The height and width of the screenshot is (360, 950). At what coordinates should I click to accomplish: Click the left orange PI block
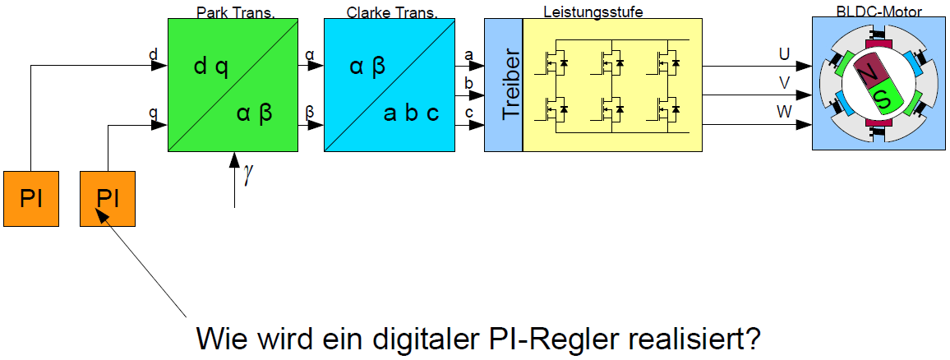[x=32, y=198]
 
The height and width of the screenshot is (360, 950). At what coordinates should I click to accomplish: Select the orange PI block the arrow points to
[x=108, y=198]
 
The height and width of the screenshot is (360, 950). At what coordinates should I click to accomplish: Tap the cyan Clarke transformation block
[x=389, y=85]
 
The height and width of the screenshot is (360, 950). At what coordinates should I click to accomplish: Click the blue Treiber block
[x=503, y=85]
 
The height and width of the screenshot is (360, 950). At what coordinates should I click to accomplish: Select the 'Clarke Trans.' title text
[x=389, y=12]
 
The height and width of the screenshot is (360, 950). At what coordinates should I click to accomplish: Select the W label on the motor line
[x=785, y=113]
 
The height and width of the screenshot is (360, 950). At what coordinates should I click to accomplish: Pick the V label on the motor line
[x=785, y=83]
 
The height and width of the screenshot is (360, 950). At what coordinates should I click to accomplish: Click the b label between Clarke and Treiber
[x=468, y=84]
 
